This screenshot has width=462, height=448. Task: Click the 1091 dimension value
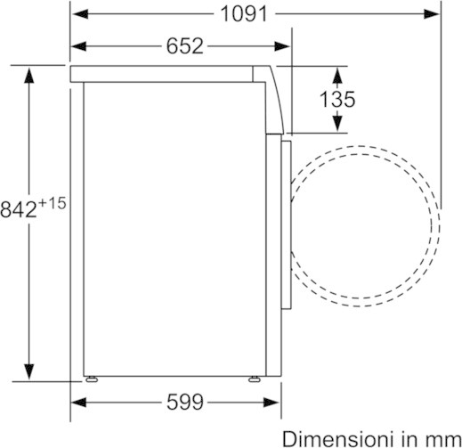click(x=244, y=14)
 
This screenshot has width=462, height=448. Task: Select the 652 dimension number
click(x=185, y=46)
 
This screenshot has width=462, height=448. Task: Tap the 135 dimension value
click(x=337, y=99)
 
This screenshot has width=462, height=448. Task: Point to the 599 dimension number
click(x=185, y=403)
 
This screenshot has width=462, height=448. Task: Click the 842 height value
click(x=19, y=209)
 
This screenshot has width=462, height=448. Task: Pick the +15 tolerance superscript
click(x=52, y=204)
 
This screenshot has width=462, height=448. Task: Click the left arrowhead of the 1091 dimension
click(x=80, y=14)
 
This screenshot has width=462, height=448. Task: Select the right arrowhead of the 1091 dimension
click(x=432, y=14)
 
